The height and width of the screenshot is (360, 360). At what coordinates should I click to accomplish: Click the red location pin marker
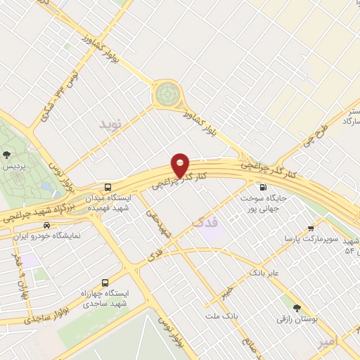pyautogui.click(x=181, y=166)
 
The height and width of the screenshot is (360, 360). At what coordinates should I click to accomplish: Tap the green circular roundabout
pyautogui.click(x=168, y=92)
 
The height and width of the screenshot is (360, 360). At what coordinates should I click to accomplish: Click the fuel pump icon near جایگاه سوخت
pyautogui.click(x=263, y=188)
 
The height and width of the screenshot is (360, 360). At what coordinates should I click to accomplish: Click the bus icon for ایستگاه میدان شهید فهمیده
pyautogui.click(x=108, y=187)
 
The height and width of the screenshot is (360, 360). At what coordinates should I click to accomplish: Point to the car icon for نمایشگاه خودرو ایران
pyautogui.click(x=46, y=226)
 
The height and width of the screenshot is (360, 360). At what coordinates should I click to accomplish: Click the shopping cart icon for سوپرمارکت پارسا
pyautogui.click(x=311, y=228)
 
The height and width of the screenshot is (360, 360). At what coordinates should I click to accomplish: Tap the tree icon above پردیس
pyautogui.click(x=7, y=155)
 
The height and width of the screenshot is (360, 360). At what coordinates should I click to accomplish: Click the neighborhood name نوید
pyautogui.click(x=110, y=125)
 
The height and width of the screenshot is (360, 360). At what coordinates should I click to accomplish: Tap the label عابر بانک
pyautogui.click(x=264, y=271)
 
